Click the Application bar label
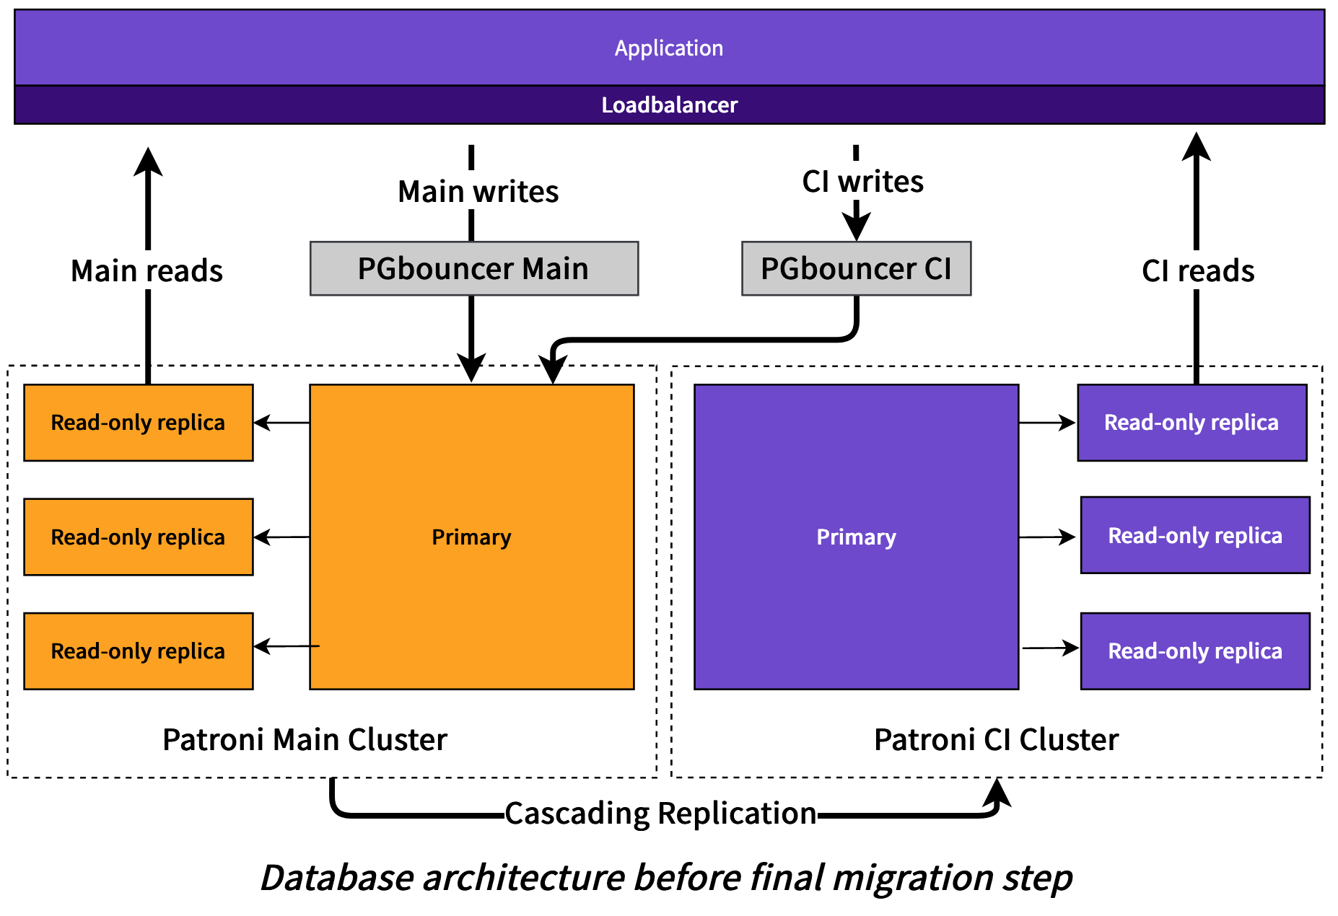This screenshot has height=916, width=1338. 669,48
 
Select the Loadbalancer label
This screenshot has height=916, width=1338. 669,105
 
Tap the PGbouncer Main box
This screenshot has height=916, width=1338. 474,268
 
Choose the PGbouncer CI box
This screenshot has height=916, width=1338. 856,268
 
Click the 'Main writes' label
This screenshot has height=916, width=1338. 478,192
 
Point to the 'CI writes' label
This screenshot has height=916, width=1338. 862,182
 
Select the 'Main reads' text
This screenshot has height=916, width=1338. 147,271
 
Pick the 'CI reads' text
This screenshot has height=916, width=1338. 1198,271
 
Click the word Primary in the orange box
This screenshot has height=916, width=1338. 471,537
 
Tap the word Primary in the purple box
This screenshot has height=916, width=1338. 856,537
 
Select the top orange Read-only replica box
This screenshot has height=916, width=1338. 139,423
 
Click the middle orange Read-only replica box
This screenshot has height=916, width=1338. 139,537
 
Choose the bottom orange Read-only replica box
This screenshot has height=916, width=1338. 139,651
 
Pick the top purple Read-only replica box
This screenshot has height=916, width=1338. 1192,423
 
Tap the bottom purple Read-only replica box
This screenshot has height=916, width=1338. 1195,651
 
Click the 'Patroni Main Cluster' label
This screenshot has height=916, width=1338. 305,740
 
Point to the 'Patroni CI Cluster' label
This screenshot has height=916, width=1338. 996,740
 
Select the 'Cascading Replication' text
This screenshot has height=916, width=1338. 660,814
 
